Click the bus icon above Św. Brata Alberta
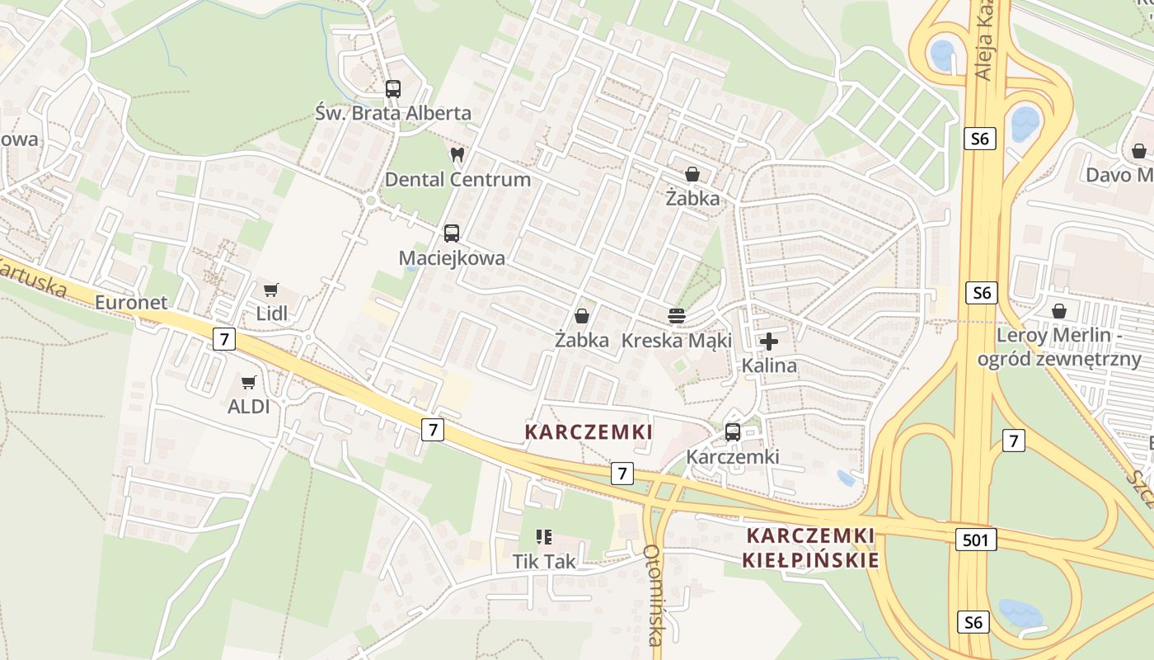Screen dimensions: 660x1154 point(393,89)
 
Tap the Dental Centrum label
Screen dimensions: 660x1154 point(457,179)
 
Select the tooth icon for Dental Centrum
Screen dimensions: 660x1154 point(457,154)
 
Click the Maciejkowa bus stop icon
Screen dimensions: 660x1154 point(452,233)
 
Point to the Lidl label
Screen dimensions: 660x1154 point(272,313)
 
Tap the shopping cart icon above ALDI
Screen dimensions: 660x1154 point(249,382)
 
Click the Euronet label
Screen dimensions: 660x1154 point(131,302)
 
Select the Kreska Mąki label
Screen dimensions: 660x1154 point(677,340)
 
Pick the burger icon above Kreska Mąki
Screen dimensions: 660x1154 point(677,315)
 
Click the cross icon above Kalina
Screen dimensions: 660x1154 point(769,341)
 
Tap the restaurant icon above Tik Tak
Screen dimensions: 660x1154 point(544,537)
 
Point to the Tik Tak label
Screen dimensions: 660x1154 point(544,561)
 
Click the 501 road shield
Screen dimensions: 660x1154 point(977,540)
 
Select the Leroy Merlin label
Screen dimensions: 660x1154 point(1059,346)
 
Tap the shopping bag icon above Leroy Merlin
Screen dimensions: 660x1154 point(1059,311)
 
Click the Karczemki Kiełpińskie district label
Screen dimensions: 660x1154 point(810,548)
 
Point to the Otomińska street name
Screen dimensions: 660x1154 point(654,594)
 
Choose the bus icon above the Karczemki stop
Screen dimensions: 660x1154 point(732,432)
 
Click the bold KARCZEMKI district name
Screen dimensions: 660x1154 point(589,431)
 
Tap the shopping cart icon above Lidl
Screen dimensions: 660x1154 point(270,290)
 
